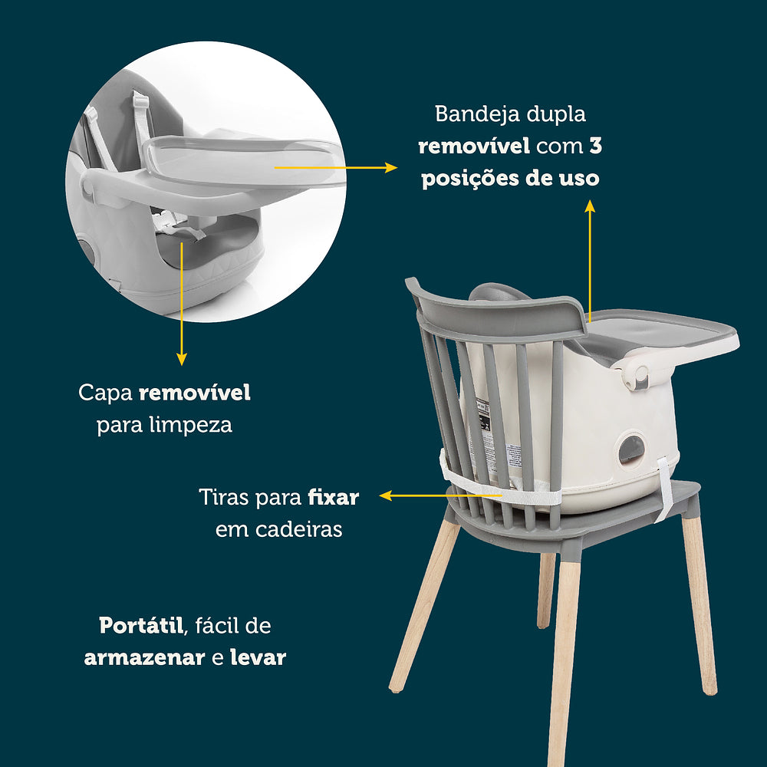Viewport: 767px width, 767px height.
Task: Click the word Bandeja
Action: tap(470, 114)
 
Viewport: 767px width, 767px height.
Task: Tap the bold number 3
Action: tap(595, 146)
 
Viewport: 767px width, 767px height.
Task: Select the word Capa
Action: tap(105, 393)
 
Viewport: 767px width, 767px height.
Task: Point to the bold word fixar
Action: tap(334, 498)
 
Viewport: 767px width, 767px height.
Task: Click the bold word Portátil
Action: tap(141, 626)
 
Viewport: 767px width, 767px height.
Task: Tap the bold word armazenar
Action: tap(144, 658)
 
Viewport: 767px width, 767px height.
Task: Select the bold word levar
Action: tap(258, 657)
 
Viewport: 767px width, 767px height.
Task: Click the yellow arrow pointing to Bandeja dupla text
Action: tap(336, 168)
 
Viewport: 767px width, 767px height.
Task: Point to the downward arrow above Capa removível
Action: tap(182, 304)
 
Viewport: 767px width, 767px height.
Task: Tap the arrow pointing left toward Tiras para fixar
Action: tap(441, 496)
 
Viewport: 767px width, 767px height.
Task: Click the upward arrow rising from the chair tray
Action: tap(590, 261)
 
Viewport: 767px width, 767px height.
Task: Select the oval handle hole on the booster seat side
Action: tap(631, 449)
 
